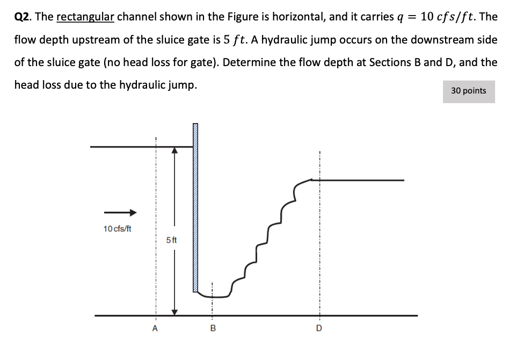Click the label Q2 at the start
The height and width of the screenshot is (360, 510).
(22, 17)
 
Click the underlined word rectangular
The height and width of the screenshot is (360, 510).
(85, 17)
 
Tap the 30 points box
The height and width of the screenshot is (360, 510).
(468, 91)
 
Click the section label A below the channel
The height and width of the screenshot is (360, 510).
(155, 328)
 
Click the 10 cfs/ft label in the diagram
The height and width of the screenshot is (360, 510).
(117, 229)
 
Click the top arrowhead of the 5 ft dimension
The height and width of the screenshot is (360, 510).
(174, 152)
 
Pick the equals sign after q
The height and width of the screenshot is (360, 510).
(410, 17)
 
